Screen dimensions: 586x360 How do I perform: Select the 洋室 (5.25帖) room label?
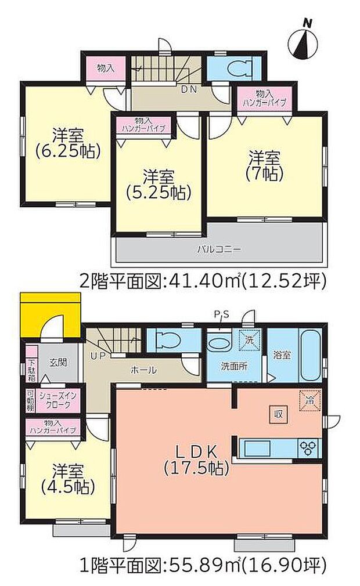159,184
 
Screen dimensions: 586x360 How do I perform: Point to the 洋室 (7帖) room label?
266,165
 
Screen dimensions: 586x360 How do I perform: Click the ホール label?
143,370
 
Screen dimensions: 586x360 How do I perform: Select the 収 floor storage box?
278,414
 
